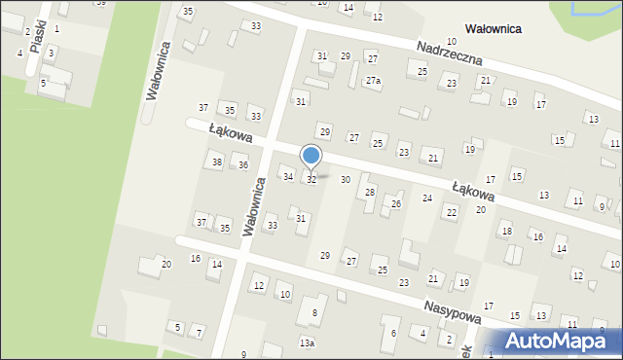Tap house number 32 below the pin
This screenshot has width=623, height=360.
(x=311, y=180)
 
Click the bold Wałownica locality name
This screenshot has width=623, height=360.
(x=479, y=29)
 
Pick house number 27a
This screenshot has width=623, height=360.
(x=373, y=81)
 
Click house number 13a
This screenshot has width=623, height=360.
(x=307, y=343)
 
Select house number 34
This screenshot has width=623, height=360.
(x=287, y=176)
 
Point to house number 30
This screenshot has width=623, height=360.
(x=345, y=180)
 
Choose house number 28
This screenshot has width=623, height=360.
(x=369, y=192)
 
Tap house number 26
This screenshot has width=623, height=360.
(x=395, y=203)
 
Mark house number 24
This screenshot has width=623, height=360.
(x=426, y=198)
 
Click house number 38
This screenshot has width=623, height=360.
(x=217, y=162)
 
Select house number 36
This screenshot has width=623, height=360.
(x=243, y=165)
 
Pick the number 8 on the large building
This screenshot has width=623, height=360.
(x=313, y=312)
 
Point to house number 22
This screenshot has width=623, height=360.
(x=450, y=211)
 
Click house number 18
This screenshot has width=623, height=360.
(x=506, y=231)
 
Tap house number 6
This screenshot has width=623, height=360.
(x=393, y=334)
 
